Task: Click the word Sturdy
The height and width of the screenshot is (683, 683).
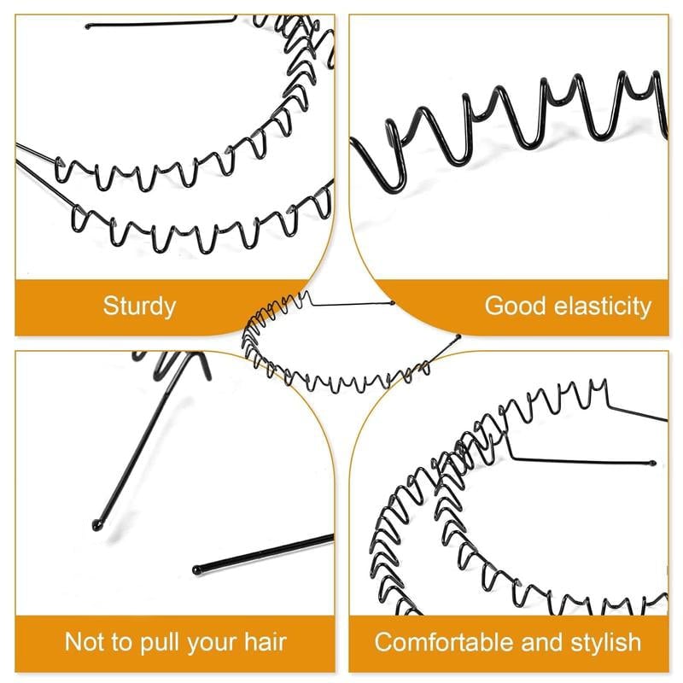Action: click(139, 306)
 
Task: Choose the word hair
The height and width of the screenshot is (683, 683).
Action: click(263, 642)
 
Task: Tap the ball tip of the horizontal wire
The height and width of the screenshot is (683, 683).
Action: click(197, 567)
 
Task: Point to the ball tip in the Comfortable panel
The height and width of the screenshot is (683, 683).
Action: click(653, 464)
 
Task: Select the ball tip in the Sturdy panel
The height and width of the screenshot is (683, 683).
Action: click(88, 26)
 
